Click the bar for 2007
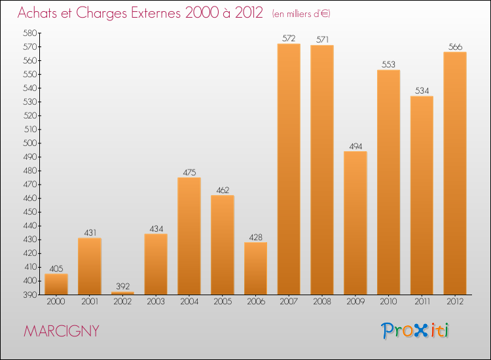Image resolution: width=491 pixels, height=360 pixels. pyautogui.click(x=289, y=169)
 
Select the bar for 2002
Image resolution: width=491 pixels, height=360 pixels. pyautogui.click(x=122, y=293)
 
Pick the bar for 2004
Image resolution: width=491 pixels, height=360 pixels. pyautogui.click(x=189, y=236)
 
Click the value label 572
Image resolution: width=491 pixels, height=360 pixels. pyautogui.click(x=289, y=39)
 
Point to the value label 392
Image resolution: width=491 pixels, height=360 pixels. pyautogui.click(x=122, y=287)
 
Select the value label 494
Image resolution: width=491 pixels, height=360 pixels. pyautogui.click(x=355, y=147)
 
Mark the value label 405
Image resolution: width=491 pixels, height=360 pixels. pyautogui.click(x=56, y=268)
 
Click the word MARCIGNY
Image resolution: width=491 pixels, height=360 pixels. pyautogui.click(x=62, y=331)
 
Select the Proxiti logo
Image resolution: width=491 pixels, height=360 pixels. pyautogui.click(x=415, y=331)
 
